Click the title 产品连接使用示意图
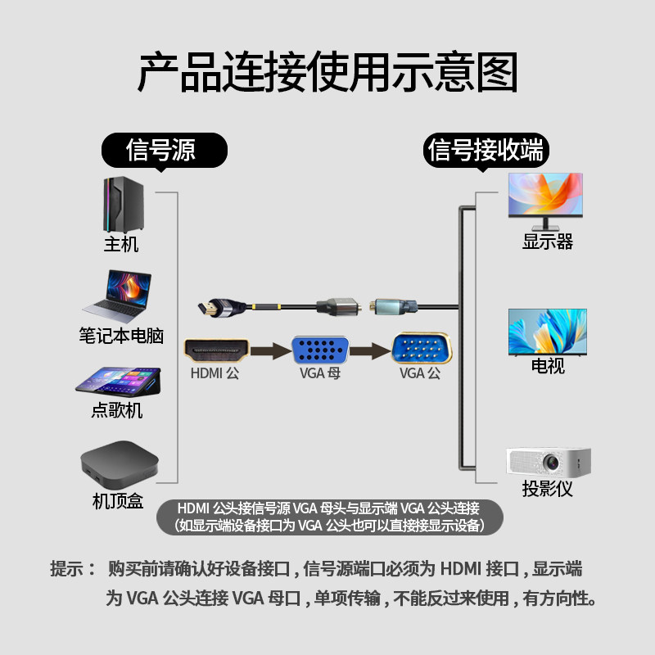pos(327,73)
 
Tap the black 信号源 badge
pos(161,149)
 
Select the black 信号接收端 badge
pos(486,149)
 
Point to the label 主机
pos(121,244)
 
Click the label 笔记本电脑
pos(121,336)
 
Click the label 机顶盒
pos(118,500)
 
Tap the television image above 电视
pos(547,332)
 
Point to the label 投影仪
pos(547,490)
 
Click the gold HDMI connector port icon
pos(216,350)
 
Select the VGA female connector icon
pos(320,350)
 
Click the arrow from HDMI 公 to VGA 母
pos(269,351)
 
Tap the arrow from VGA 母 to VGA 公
pos(372,351)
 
